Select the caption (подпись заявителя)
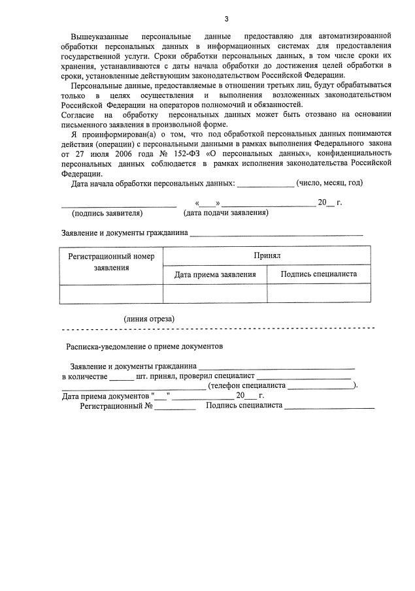107,213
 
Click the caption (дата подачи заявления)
225,213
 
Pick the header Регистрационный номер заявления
111,262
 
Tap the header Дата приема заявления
214,274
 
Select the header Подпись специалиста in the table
318,274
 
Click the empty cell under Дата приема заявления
214,294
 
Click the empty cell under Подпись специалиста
318,294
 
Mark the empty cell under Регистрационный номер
111,294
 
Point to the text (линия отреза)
149,318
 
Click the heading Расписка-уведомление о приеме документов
144,346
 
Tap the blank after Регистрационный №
175,407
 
